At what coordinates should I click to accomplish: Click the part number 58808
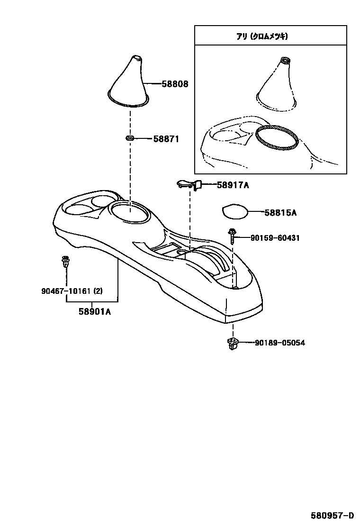pos(175,84)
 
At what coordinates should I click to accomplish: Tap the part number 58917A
pos(233,185)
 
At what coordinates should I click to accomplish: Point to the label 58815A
pos(280,213)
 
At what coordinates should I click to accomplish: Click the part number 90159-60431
pos(275,238)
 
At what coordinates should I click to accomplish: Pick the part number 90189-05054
pos(279,343)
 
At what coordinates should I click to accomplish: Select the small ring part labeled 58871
pos(129,138)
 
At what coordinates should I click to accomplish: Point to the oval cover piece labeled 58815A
pos(236,211)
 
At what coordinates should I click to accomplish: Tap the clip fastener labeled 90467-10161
pos(65,262)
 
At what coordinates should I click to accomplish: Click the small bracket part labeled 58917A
pos(189,184)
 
